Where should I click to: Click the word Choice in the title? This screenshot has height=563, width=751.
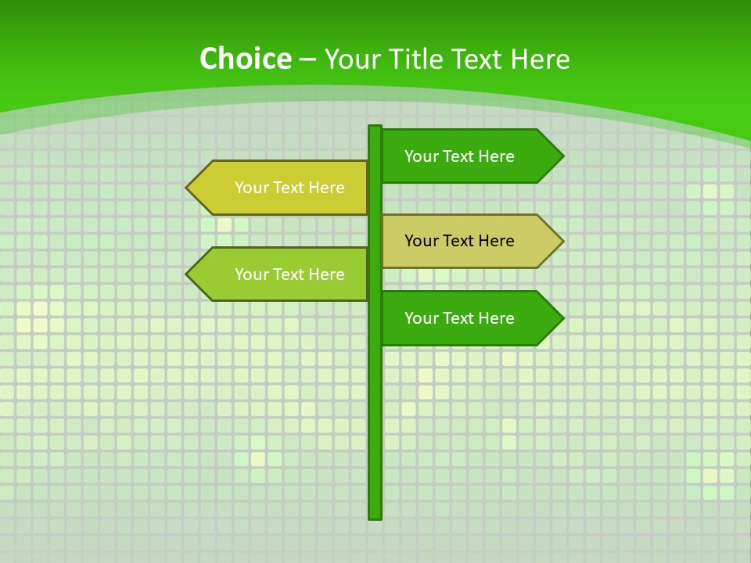pyautogui.click(x=246, y=59)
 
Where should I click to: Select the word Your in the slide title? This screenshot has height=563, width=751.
pyautogui.click(x=351, y=59)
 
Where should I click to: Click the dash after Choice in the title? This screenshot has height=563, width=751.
pyautogui.click(x=308, y=60)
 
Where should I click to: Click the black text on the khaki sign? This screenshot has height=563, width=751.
pyautogui.click(x=459, y=241)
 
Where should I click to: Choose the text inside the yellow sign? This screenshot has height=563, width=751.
pyautogui.click(x=289, y=188)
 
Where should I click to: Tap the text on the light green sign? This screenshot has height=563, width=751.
pyautogui.click(x=289, y=274)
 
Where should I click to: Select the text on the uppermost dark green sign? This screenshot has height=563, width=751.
pyautogui.click(x=459, y=156)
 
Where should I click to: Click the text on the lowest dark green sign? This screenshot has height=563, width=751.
pyautogui.click(x=459, y=318)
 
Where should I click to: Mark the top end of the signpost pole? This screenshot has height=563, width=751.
pyautogui.click(x=375, y=127)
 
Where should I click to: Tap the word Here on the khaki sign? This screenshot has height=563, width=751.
pyautogui.click(x=498, y=241)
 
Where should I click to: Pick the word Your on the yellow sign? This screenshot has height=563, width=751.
pyautogui.click(x=251, y=188)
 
